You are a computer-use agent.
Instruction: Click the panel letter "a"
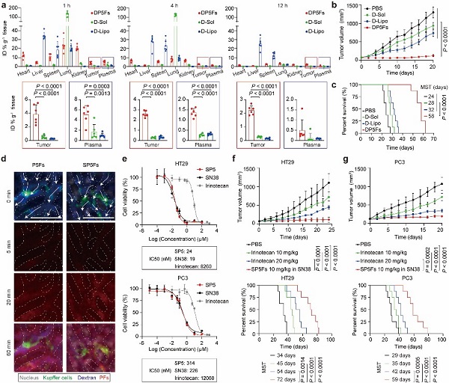pos(4,5)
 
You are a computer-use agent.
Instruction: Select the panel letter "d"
pos(4,135)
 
